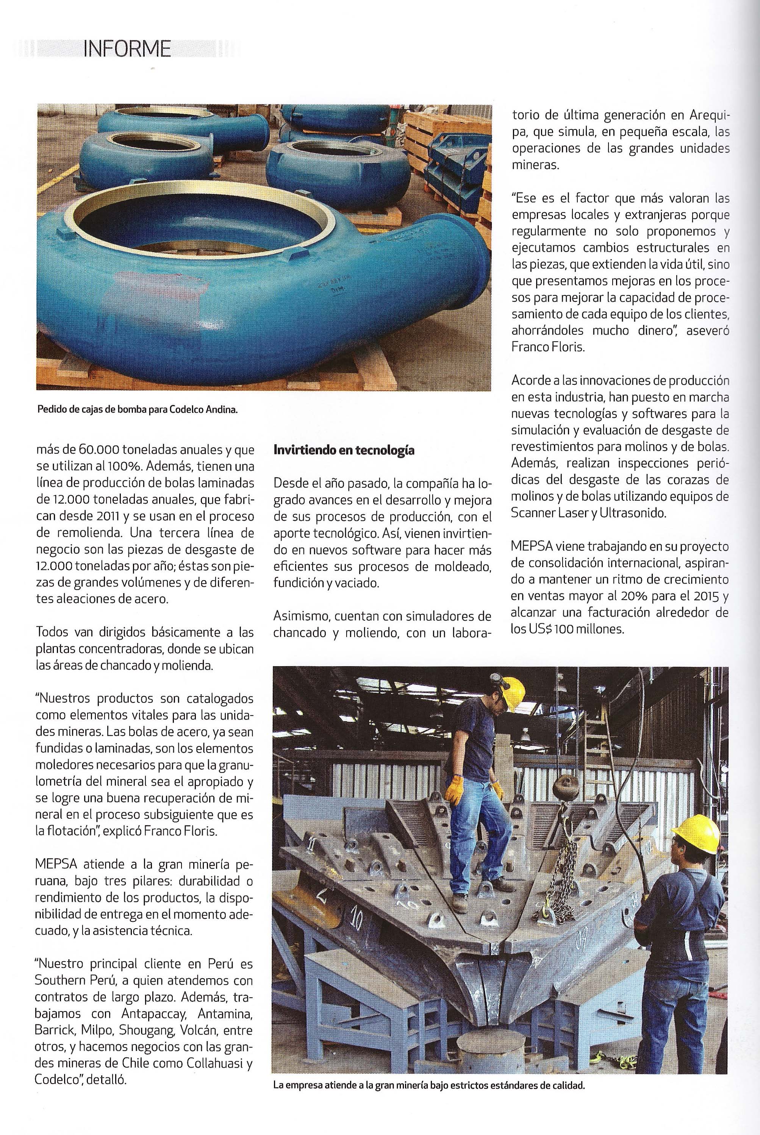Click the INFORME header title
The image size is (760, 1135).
coord(127,48)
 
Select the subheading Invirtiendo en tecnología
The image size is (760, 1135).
coord(344,450)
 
